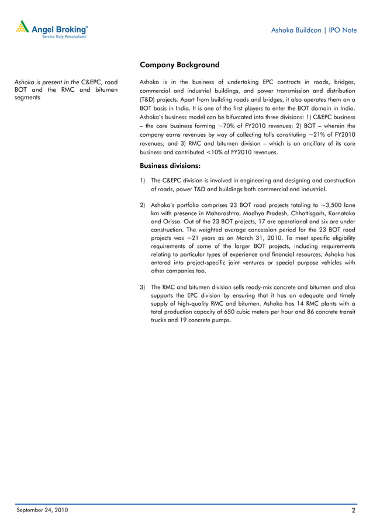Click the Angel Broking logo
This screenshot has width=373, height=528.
click(52, 29)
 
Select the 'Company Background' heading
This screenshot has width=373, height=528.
click(179, 65)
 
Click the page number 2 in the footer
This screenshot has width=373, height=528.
click(354, 511)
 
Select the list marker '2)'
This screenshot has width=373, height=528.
click(143, 205)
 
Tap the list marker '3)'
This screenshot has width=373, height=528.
click(143, 288)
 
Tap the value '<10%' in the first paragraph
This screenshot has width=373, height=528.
click(194, 152)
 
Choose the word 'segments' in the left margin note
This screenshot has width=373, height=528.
click(27, 98)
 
